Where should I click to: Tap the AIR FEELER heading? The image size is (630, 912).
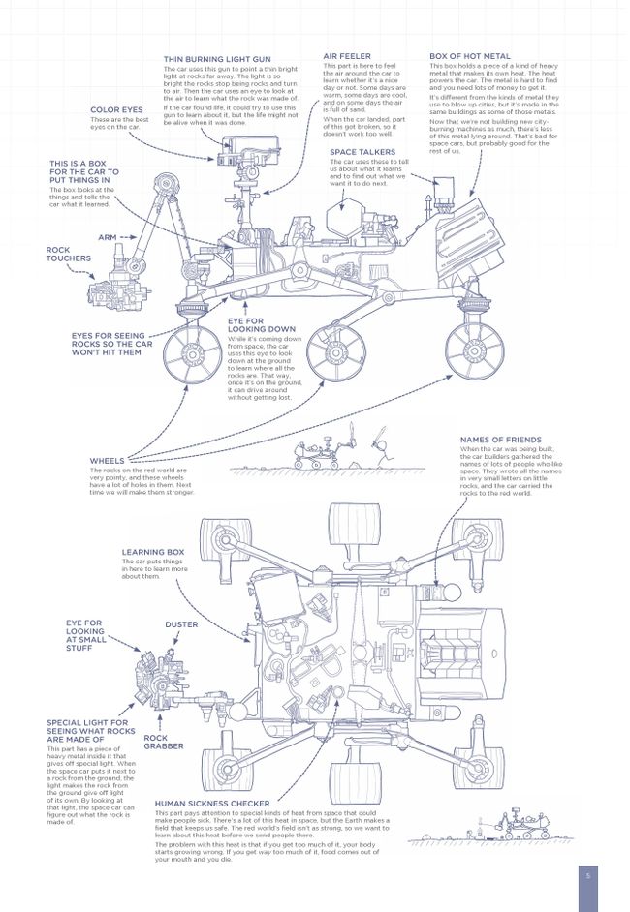tap(346, 57)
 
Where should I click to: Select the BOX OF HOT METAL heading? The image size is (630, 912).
tap(469, 57)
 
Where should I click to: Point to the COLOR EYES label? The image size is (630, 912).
tap(117, 109)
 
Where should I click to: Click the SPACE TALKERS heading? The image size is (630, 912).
tap(362, 152)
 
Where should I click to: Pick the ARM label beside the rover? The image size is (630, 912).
tap(108, 237)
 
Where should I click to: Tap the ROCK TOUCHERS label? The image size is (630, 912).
tap(68, 255)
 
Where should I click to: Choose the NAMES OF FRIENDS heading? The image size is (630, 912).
tap(500, 439)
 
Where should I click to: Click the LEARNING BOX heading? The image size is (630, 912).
tap(152, 551)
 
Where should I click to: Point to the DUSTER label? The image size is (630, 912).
tap(181, 624)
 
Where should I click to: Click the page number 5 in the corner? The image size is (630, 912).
tap(587, 875)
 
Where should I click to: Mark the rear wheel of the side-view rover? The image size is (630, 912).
tap(474, 349)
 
